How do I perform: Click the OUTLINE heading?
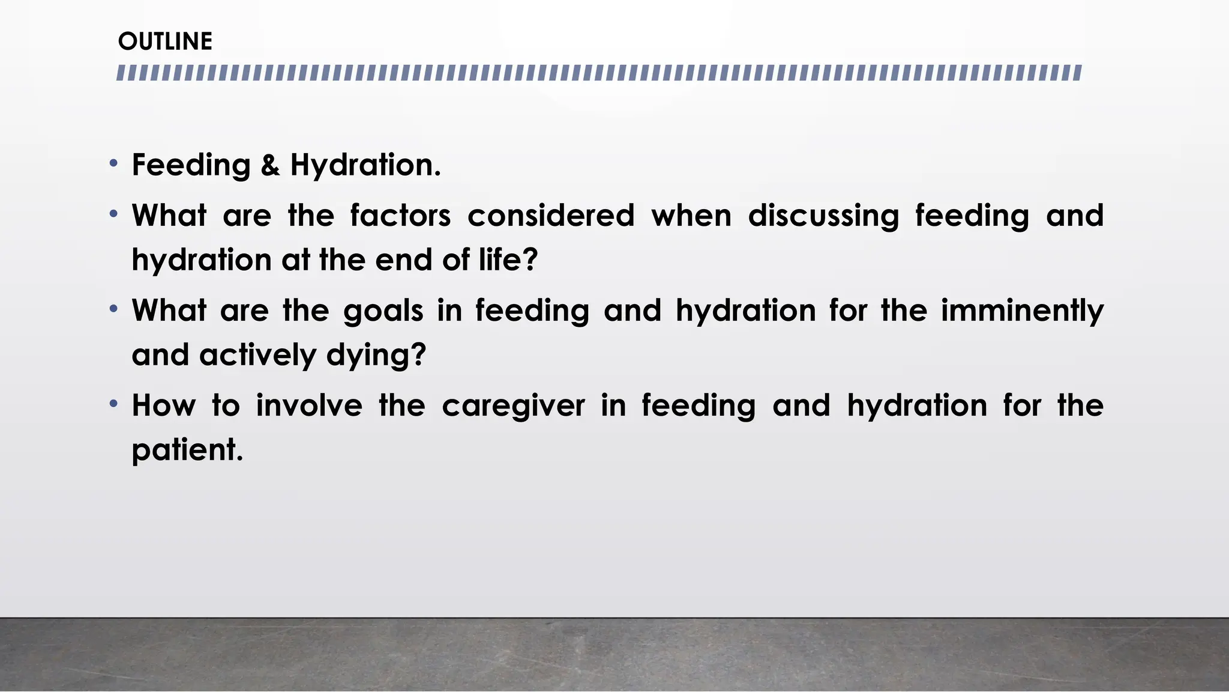pos(165,41)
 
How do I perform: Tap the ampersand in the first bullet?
pos(270,165)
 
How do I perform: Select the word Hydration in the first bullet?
pos(365,165)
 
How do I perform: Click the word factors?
pos(400,216)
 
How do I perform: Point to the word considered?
pos(551,216)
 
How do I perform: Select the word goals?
pos(383,311)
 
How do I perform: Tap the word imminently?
pos(1021,311)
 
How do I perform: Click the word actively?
pos(257,355)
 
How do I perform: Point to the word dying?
pos(376,355)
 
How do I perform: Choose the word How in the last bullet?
pos(164,405)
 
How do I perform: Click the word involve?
pos(309,405)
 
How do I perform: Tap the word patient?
pos(187,450)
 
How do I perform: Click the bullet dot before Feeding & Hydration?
pos(114,163)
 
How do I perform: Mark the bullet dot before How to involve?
pos(114,404)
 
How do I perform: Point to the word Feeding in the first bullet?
pos(191,165)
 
